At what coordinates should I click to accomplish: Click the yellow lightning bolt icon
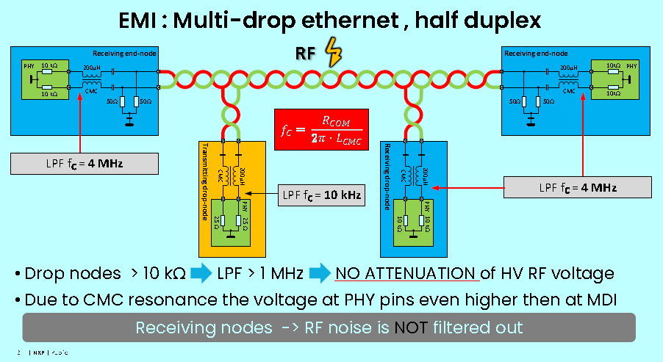click(333, 54)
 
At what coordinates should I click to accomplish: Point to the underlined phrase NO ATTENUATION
click(405, 274)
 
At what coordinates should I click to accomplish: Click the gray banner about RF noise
click(329, 327)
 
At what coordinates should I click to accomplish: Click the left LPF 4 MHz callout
click(85, 162)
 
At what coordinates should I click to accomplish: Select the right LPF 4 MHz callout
click(578, 187)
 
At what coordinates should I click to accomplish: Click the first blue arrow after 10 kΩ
click(201, 274)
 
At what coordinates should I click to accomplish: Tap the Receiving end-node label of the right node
click(536, 53)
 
